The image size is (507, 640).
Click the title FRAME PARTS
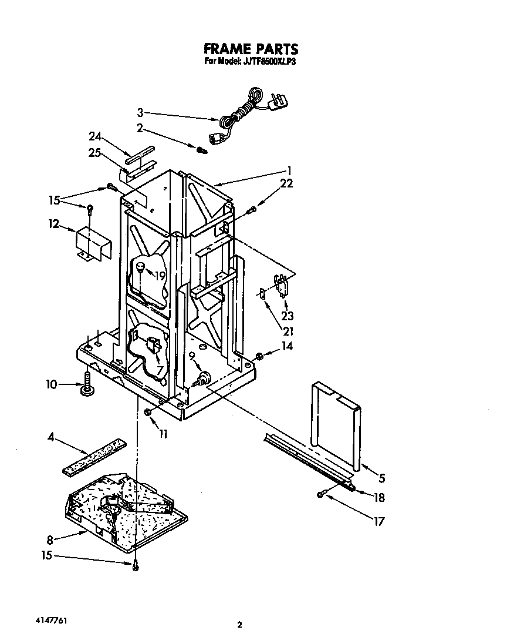[x=251, y=48]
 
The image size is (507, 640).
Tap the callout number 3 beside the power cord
[x=140, y=113]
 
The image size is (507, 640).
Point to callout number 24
[x=95, y=136]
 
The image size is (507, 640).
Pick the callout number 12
[x=53, y=224]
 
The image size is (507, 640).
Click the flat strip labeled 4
[x=94, y=455]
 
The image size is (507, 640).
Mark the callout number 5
[x=382, y=477]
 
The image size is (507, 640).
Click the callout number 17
[x=379, y=521]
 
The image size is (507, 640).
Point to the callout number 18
[x=379, y=498]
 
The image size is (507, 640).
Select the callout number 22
[x=286, y=184]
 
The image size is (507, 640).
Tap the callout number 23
[x=288, y=316]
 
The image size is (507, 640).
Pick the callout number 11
[x=163, y=434]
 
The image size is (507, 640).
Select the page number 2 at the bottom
[x=239, y=625]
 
